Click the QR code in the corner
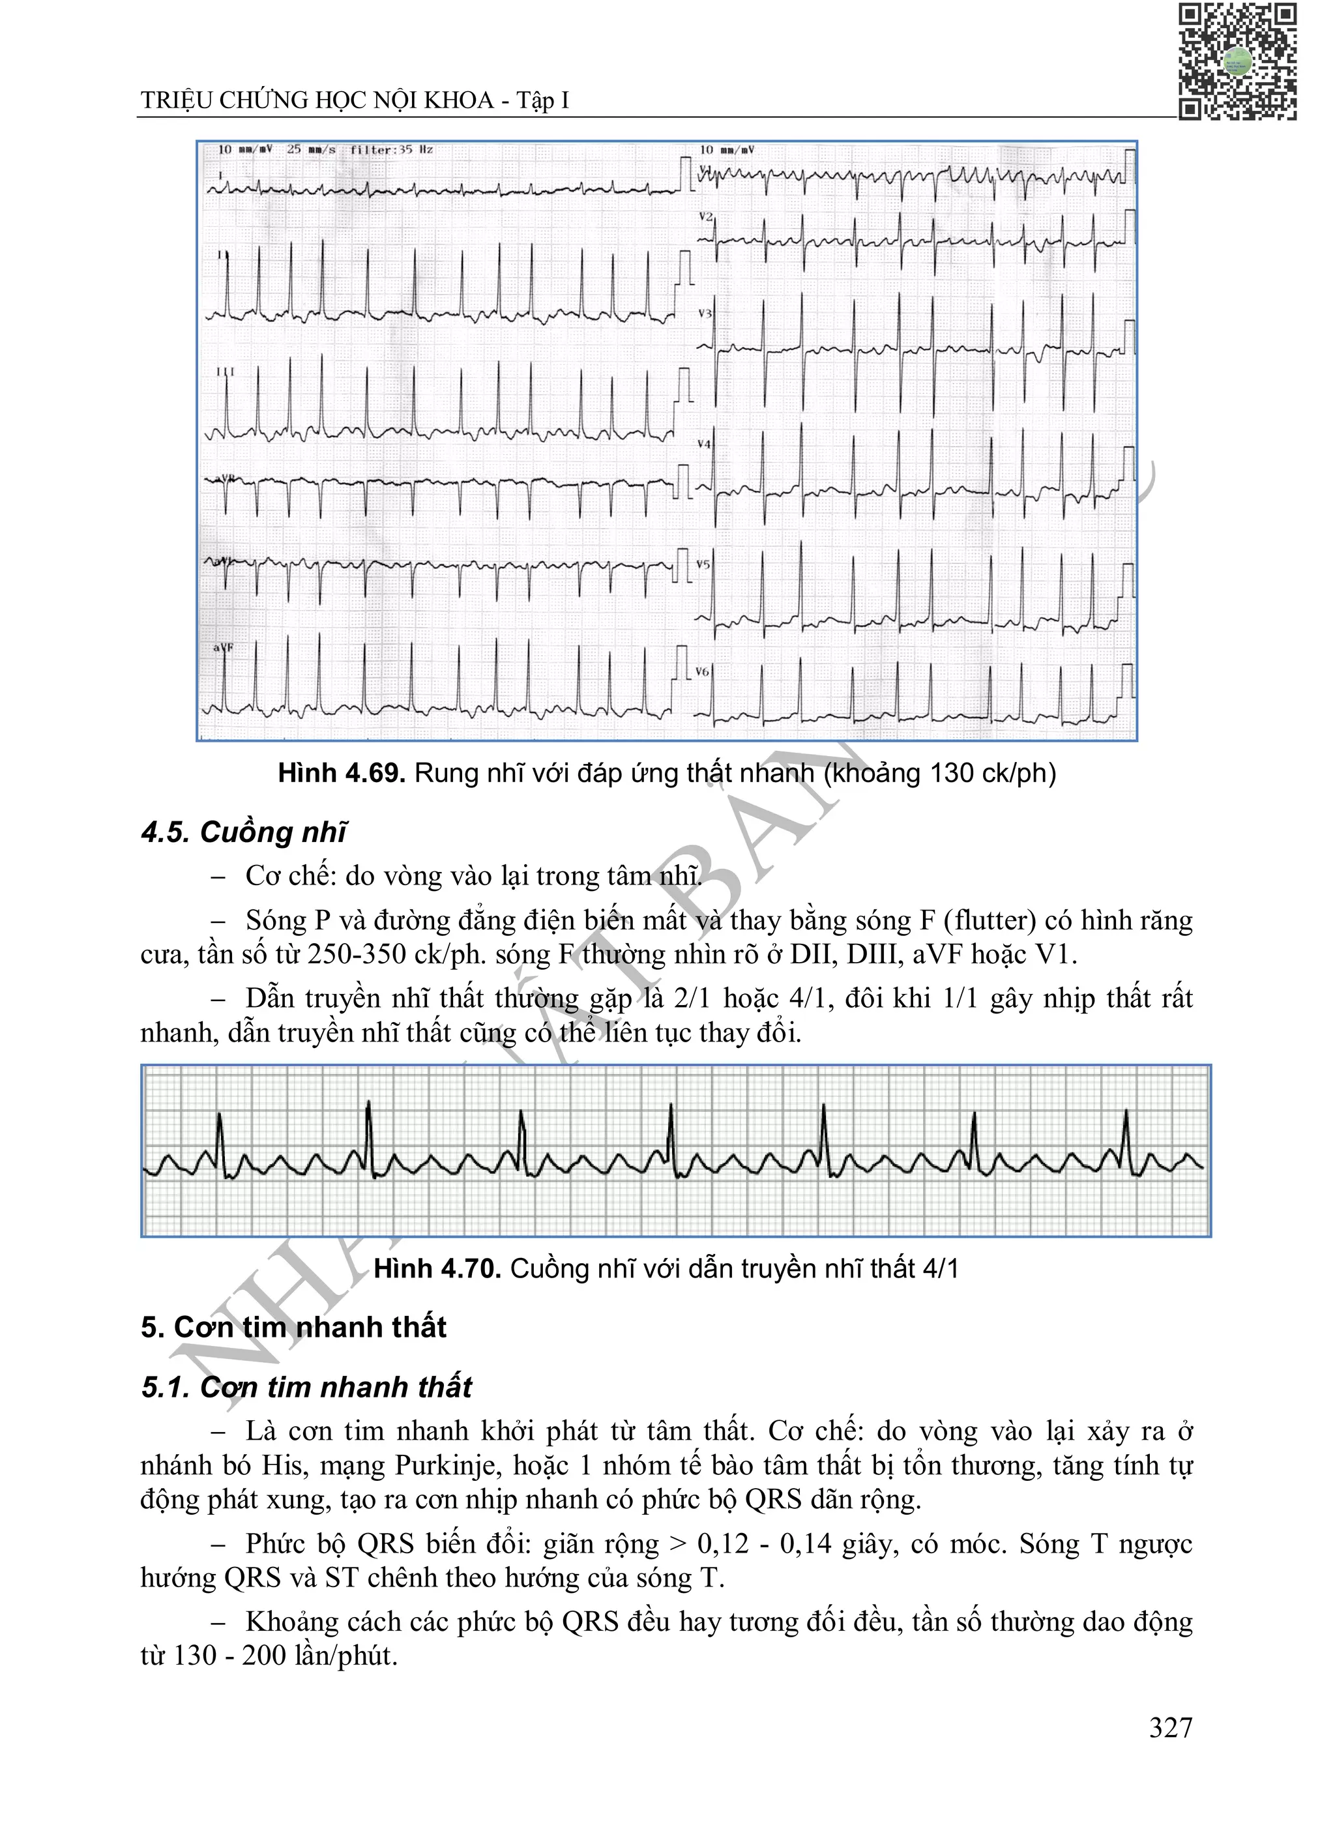coord(1237,61)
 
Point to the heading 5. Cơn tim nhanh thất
coord(293,1326)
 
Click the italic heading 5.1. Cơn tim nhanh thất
coord(306,1386)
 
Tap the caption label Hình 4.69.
coord(341,773)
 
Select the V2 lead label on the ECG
coord(705,217)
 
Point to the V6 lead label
coord(702,671)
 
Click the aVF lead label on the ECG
coord(222,647)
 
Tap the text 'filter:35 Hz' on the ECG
coord(391,149)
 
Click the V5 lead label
coord(703,564)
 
